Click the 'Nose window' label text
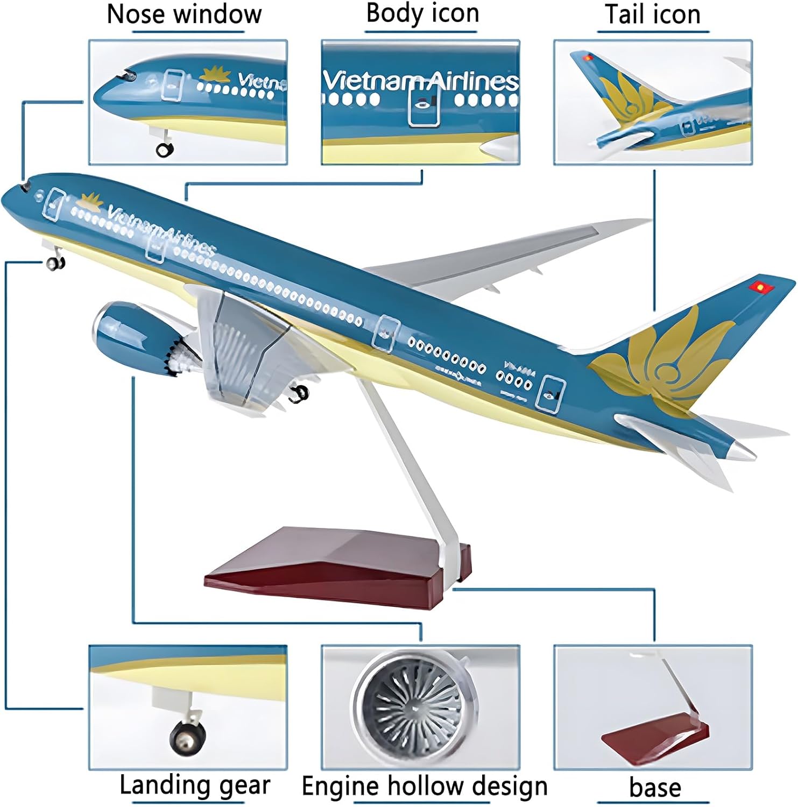tap(184, 14)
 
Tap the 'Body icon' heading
tap(422, 13)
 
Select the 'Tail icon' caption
tap(653, 15)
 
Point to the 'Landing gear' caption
tap(194, 785)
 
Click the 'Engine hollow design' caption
tap(424, 786)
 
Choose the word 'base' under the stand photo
tap(655, 788)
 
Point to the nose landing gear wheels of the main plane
tap(55, 263)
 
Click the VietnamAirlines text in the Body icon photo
tap(420, 81)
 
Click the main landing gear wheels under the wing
tap(299, 394)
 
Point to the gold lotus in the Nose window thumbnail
tap(215, 75)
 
